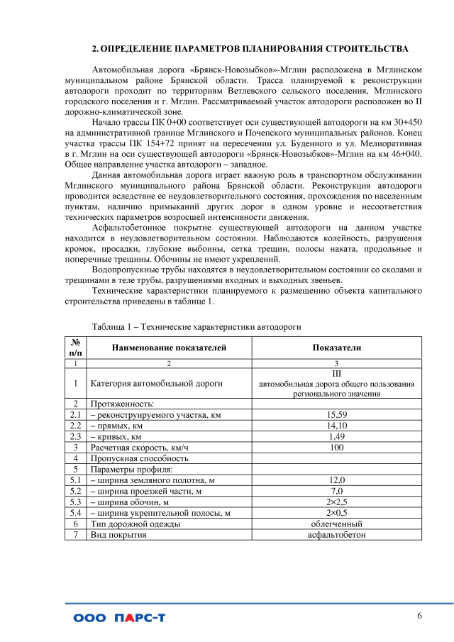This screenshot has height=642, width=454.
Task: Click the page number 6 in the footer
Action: (419, 615)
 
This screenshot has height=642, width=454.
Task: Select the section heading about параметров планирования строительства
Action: (250, 49)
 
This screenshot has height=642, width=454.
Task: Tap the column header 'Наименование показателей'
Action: (169, 348)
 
